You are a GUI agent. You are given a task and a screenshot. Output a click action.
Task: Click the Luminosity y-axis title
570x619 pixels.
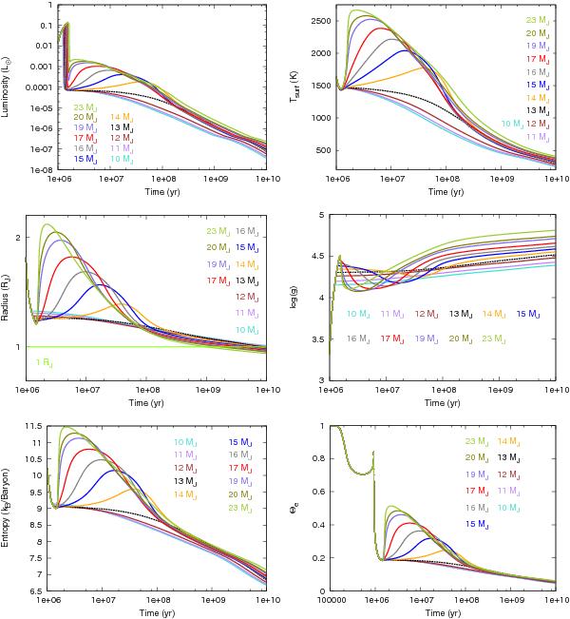7,87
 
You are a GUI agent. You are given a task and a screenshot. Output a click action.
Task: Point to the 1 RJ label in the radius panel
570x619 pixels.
43,361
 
